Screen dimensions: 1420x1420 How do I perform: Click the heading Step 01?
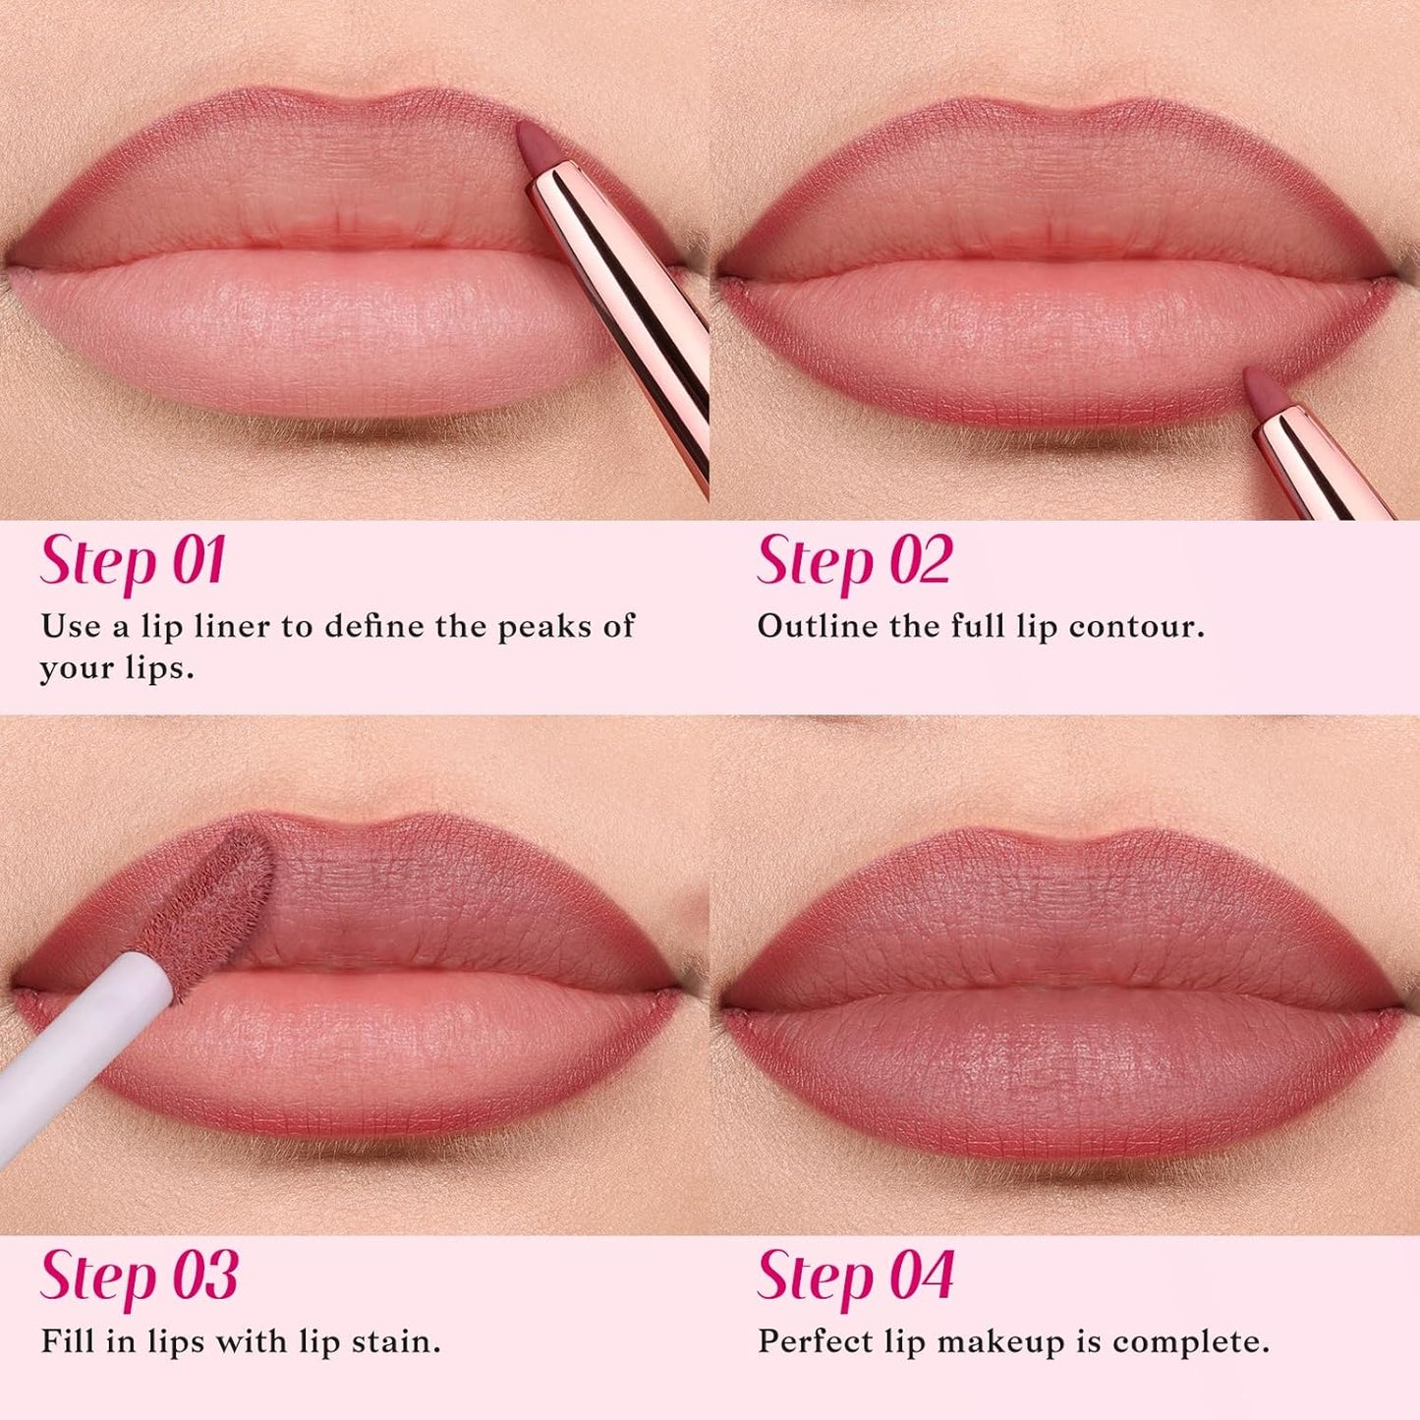point(133,561)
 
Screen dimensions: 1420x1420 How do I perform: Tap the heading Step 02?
point(854,561)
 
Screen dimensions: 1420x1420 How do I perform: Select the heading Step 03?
point(139,1277)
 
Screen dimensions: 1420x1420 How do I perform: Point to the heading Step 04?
point(855,1277)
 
